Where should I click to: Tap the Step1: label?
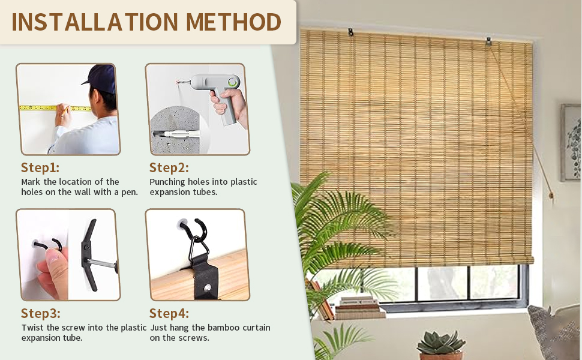(x=40, y=167)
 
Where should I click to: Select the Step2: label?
(x=169, y=167)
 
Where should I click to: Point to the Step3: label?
(x=40, y=313)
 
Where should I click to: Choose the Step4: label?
(x=169, y=313)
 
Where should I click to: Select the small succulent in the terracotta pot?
(x=441, y=343)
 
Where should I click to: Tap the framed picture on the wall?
(x=571, y=143)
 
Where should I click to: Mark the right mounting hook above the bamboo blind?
(x=490, y=41)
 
